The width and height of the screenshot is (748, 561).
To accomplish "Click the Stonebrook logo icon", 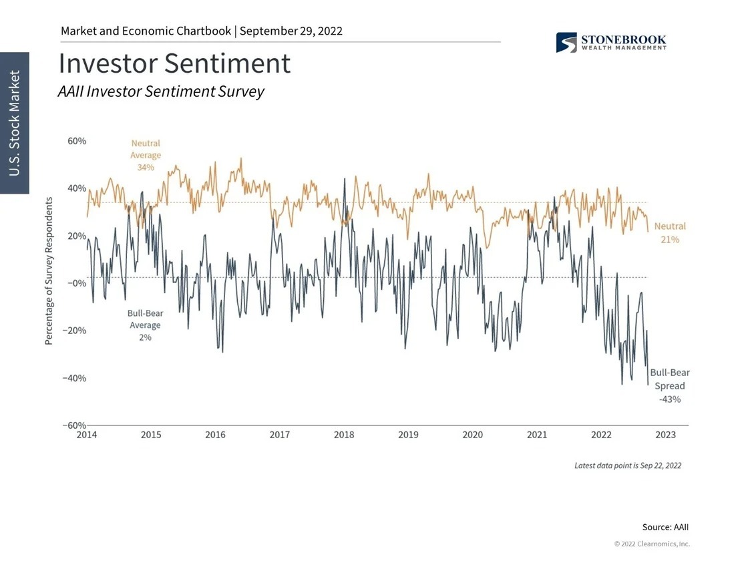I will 566,43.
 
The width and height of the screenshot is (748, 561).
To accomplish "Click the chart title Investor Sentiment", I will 174,63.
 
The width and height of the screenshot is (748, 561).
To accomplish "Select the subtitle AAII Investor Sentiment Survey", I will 161,91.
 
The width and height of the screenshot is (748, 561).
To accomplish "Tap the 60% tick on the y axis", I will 77,142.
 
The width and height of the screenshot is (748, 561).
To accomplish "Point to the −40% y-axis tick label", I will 75,378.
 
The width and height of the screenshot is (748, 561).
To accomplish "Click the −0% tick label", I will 77,283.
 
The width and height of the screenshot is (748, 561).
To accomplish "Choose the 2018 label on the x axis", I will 344,435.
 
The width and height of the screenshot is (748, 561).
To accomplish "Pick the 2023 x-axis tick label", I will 665,435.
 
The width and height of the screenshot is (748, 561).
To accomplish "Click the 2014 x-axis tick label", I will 86,435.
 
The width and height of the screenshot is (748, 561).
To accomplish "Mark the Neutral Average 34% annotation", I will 146,155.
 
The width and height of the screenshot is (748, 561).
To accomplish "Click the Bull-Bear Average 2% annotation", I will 145,325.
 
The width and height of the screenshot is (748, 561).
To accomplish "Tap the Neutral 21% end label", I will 670,233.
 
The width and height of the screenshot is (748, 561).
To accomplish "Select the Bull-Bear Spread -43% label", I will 670,386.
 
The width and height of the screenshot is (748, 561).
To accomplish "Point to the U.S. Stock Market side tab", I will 15,123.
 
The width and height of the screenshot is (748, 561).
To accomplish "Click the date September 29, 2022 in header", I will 291,31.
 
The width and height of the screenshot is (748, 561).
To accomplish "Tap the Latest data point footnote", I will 628,465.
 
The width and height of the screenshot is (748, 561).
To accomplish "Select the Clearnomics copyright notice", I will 652,544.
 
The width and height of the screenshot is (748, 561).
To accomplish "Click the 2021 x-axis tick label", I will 537,435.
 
